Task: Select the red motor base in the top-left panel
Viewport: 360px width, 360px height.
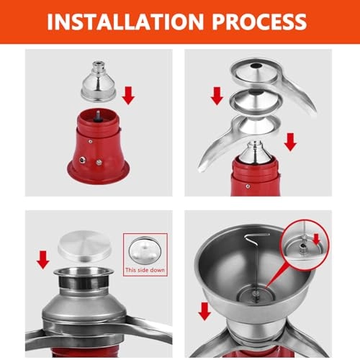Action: [x=100, y=148]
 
